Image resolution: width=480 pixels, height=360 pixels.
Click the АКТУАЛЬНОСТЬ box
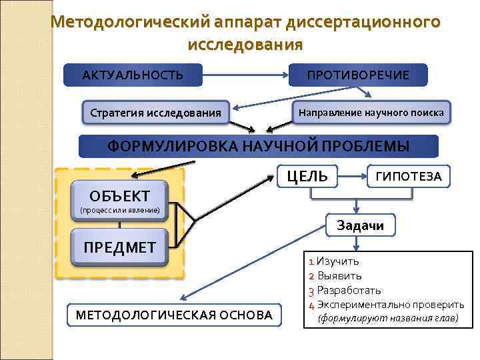point(132,75)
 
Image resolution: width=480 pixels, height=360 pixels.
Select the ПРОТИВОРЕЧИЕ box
point(358,75)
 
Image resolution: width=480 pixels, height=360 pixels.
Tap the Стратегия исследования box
point(155,113)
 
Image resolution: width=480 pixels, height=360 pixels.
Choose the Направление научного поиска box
point(371,112)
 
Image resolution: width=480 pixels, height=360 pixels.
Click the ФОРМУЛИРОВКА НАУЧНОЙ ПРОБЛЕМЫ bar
point(259,146)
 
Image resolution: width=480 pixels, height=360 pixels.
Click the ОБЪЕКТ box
point(119,195)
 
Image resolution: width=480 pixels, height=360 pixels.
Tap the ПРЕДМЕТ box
point(119,247)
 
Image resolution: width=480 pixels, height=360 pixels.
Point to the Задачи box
point(360,225)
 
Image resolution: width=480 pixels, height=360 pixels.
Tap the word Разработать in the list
point(349,290)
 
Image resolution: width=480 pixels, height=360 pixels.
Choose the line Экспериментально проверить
point(391,305)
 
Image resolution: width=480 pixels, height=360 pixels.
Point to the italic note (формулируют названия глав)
point(388,319)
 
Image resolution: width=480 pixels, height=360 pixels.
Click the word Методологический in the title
point(130,22)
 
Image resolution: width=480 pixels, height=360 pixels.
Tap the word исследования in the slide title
point(245,45)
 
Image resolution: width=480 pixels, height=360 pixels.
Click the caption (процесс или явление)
point(119,211)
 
